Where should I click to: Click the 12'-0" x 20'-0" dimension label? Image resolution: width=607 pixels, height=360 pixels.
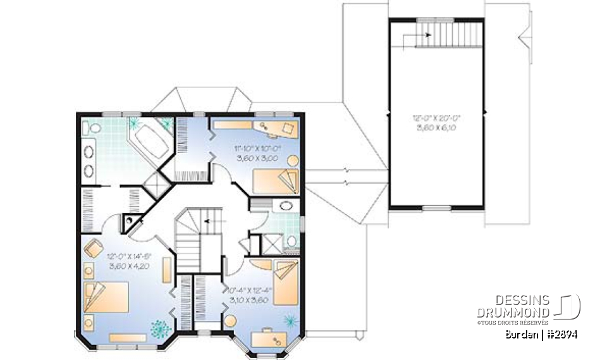click(x=437, y=123)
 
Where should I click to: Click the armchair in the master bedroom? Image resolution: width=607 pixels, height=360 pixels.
click(x=93, y=247)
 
